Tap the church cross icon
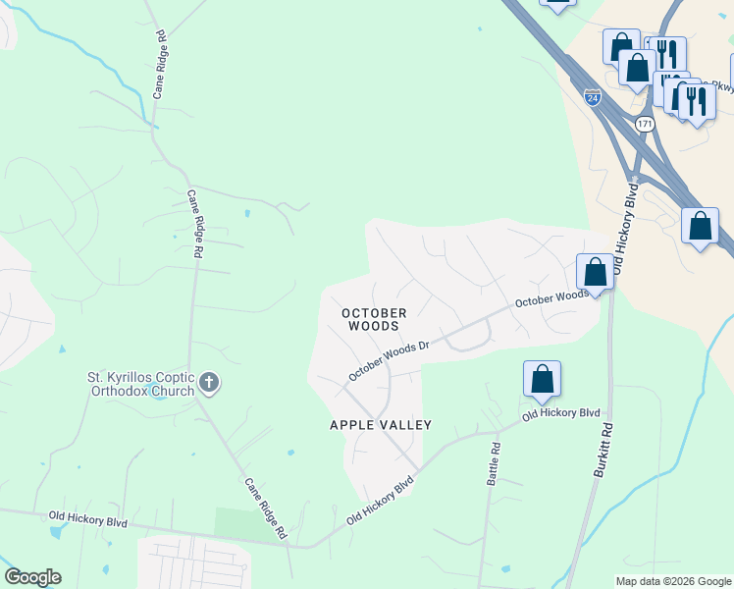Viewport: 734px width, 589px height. (208, 382)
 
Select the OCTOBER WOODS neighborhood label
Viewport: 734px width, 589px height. (374, 319)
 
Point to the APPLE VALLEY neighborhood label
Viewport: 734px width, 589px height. (381, 424)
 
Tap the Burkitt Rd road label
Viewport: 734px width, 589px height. (603, 450)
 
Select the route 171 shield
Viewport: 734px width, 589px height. (644, 125)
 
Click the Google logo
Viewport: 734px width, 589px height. (31, 577)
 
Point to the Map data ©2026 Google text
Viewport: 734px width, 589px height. (673, 581)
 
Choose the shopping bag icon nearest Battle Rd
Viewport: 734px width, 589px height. (542, 380)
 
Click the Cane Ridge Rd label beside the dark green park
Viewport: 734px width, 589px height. (265, 507)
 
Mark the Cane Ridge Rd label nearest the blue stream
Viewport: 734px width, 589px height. (160, 63)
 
